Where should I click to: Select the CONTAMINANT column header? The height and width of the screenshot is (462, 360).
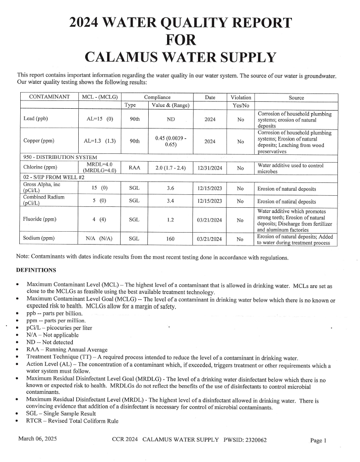pyautogui.click(x=49, y=97)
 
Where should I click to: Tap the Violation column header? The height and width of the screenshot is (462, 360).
pyautogui.click(x=241, y=98)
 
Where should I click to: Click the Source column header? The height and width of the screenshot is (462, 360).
pyautogui.click(x=296, y=98)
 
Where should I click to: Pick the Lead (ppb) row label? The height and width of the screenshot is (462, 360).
pyautogui.click(x=35, y=119)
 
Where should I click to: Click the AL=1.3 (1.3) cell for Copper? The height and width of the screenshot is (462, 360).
pyautogui.click(x=100, y=141)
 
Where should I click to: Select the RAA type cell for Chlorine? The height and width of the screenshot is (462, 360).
pyautogui.click(x=134, y=168)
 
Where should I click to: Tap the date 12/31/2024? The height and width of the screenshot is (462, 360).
pyautogui.click(x=209, y=168)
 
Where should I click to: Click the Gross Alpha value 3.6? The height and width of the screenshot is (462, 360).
pyautogui.click(x=170, y=188)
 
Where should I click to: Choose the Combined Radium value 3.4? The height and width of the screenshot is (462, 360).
pyautogui.click(x=170, y=201)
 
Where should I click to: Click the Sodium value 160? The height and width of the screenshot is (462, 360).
pyautogui.click(x=170, y=239)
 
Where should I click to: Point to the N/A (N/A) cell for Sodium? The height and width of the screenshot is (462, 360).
pyautogui.click(x=100, y=239)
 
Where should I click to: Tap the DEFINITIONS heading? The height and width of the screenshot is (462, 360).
pyautogui.click(x=36, y=270)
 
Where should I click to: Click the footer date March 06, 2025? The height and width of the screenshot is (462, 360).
pyautogui.click(x=37, y=439)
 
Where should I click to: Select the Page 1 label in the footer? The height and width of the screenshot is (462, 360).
pyautogui.click(x=318, y=440)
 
